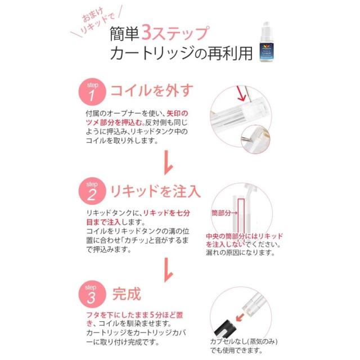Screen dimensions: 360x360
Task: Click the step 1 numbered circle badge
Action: click(92, 91)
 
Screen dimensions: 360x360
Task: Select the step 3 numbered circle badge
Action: click(92, 295)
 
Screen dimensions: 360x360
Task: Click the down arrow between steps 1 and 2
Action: click(166, 164)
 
